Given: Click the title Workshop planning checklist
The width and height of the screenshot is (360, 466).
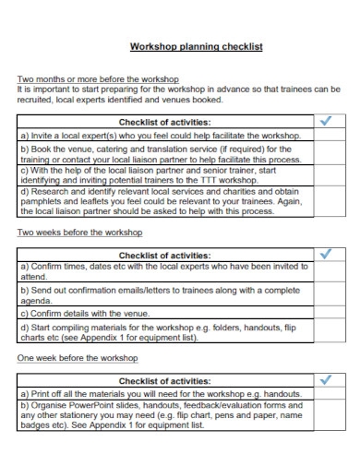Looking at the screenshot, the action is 196,46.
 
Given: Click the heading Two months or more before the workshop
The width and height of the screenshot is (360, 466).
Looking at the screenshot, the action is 98,79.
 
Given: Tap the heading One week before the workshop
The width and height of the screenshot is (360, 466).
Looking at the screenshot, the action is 78,357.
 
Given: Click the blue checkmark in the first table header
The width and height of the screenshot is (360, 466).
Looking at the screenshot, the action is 325,121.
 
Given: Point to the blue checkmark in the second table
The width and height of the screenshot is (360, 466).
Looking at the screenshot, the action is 325,254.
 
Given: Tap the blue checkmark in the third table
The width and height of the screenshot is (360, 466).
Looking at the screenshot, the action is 325,379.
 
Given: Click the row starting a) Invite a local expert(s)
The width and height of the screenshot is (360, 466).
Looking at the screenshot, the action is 163,135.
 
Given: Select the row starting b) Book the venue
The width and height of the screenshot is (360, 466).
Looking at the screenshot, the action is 163,153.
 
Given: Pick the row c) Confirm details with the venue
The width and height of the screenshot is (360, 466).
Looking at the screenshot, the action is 163,314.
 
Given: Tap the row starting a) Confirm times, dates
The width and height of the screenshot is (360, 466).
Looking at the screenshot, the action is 163,271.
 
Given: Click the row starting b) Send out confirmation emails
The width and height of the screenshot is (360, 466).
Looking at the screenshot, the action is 163,294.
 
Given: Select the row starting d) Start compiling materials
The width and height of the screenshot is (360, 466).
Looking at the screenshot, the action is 163,332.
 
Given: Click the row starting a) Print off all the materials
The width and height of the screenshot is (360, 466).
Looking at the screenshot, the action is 163,393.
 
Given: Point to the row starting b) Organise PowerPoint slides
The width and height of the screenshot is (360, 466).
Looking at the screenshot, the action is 163,415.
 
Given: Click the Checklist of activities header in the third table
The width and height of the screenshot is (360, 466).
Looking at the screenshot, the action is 164,379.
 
